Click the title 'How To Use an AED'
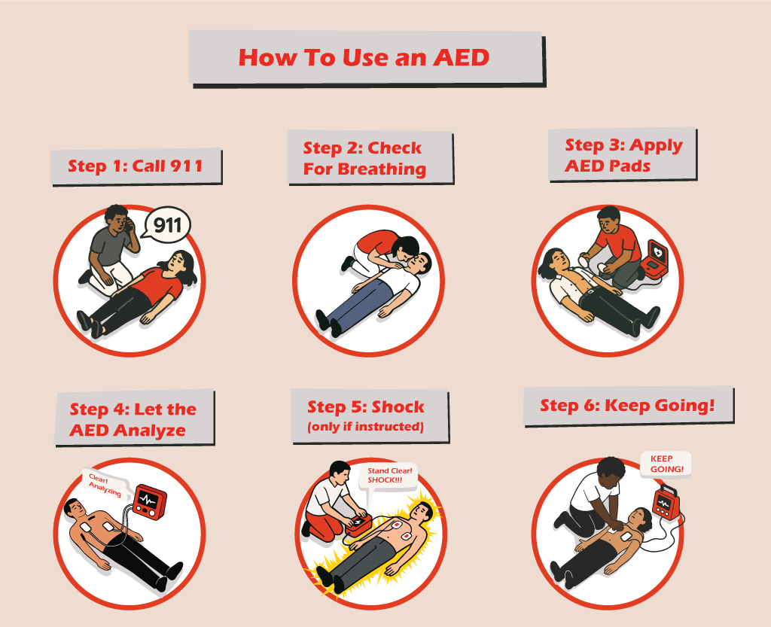click(x=364, y=57)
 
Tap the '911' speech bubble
click(x=168, y=224)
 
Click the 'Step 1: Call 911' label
click(x=136, y=166)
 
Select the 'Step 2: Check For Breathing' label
click(x=365, y=158)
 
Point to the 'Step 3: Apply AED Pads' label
click(x=623, y=155)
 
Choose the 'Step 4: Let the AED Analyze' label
click(x=133, y=419)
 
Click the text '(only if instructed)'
click(x=365, y=427)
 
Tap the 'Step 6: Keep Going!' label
click(x=627, y=406)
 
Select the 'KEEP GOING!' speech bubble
click(x=666, y=464)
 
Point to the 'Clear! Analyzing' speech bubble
click(x=105, y=484)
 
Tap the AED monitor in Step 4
click(x=150, y=502)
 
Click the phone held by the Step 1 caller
click(x=129, y=224)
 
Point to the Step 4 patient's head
click(x=75, y=508)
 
